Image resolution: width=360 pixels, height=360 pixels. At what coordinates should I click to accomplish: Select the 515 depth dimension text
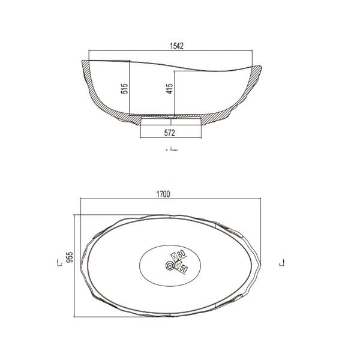pyautogui.click(x=125, y=89)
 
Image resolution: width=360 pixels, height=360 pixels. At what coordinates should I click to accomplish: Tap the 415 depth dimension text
pyautogui.click(x=169, y=89)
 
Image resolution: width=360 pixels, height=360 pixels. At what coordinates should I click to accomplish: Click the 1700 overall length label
pyautogui.click(x=164, y=194)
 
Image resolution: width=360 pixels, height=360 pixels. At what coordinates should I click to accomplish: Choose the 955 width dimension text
pyautogui.click(x=70, y=257)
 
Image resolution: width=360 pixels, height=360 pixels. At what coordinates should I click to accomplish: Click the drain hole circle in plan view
pyautogui.click(x=167, y=265)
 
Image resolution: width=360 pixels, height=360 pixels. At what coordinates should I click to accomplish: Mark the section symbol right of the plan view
pyautogui.click(x=281, y=263)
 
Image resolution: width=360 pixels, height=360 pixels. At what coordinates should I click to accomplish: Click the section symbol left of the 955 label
pyautogui.click(x=59, y=263)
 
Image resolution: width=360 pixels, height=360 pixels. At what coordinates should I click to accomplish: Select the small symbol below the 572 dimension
pyautogui.click(x=171, y=149)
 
